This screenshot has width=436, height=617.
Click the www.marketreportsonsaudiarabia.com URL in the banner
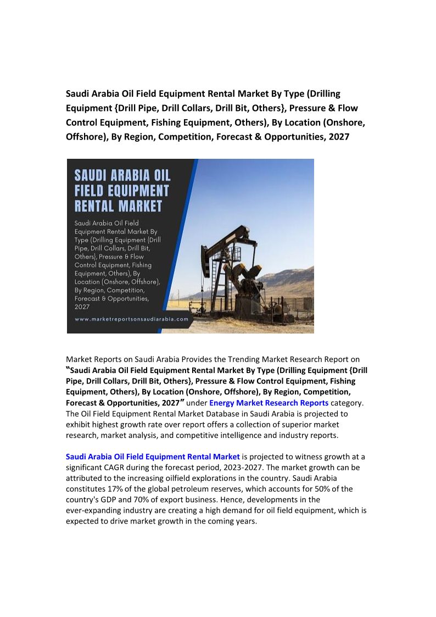131,319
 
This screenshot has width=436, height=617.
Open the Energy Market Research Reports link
269,403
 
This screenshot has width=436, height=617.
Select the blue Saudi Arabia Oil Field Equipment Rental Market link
153,457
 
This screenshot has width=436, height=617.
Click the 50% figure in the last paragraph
315,489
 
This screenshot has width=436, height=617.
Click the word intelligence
259,435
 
